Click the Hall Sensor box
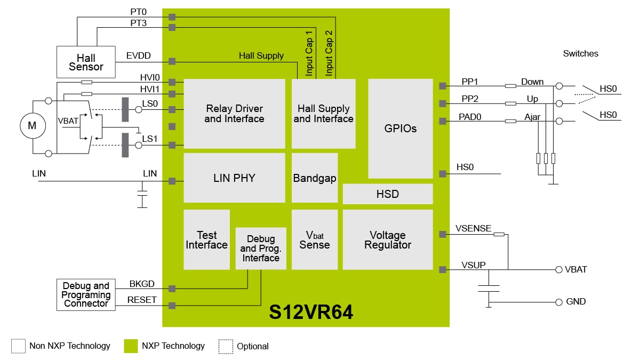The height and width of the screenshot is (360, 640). point(86,62)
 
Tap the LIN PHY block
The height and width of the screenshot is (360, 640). point(234,178)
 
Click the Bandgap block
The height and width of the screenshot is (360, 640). point(315,178)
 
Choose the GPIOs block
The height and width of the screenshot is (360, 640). point(401,129)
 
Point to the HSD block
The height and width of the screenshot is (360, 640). point(388,194)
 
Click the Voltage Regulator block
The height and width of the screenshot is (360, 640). point(388,240)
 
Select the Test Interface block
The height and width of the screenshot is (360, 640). point(206,240)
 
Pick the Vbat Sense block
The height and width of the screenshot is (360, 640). point(315,240)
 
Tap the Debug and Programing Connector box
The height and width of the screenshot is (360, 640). point(86,295)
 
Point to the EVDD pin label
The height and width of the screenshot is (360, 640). point(139,55)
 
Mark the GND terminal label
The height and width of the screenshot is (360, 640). point(576,302)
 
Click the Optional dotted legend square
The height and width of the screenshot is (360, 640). point(226,346)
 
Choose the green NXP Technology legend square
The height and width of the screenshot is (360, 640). point(131,346)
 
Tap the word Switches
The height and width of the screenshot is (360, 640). point(581,53)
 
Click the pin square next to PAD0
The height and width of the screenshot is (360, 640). point(442,121)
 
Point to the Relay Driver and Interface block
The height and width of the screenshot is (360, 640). point(234,114)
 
